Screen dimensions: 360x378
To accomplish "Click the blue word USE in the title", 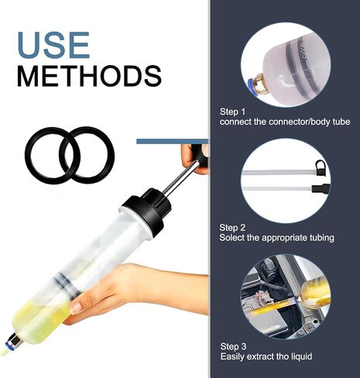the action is pyautogui.click(x=53, y=45).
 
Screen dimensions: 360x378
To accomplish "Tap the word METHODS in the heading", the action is pyautogui.click(x=89, y=76).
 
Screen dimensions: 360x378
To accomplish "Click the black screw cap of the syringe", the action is pyautogui.click(x=146, y=211).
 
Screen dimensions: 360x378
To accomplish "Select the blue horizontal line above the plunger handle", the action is pyautogui.click(x=172, y=141).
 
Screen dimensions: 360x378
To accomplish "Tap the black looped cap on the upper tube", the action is pyautogui.click(x=320, y=167).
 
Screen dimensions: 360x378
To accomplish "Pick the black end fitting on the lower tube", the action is pyautogui.click(x=321, y=188).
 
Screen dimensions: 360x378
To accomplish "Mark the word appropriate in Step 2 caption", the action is pyautogui.click(x=284, y=238).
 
